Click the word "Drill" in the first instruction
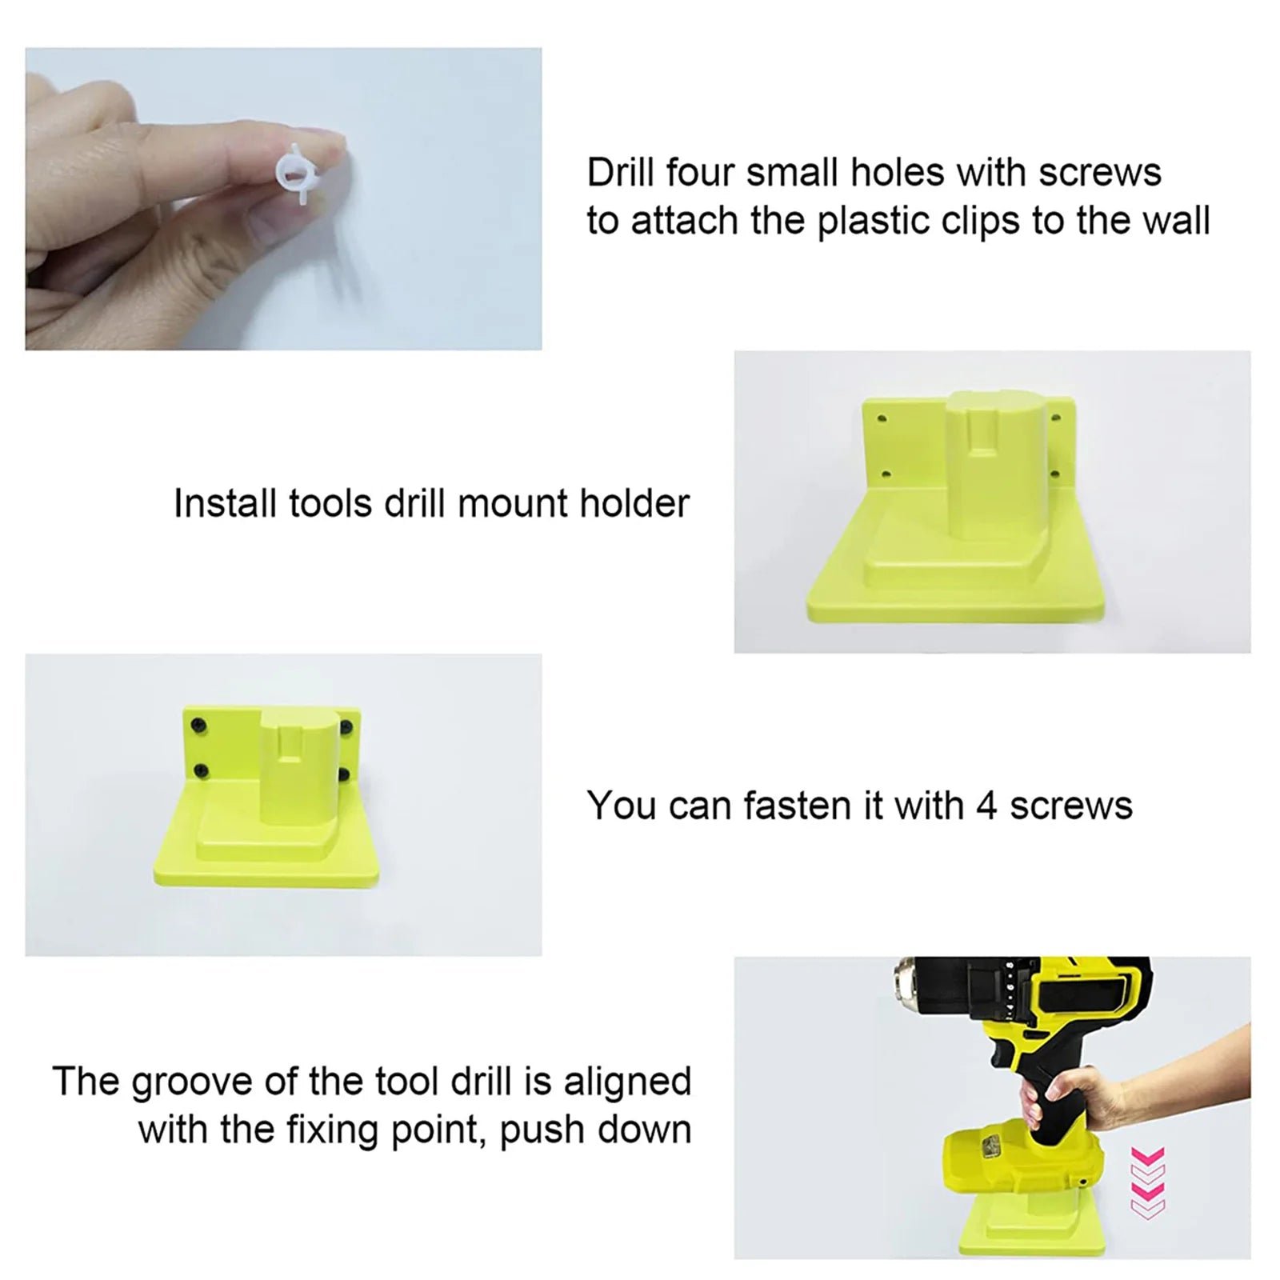click(x=621, y=172)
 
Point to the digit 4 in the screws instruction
click(x=986, y=806)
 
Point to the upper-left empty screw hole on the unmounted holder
click(x=882, y=418)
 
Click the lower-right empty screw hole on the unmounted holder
click(x=1053, y=472)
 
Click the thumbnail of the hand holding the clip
click(x=283, y=198)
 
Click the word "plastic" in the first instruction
click(x=871, y=221)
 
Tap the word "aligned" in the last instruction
click(x=627, y=1082)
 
